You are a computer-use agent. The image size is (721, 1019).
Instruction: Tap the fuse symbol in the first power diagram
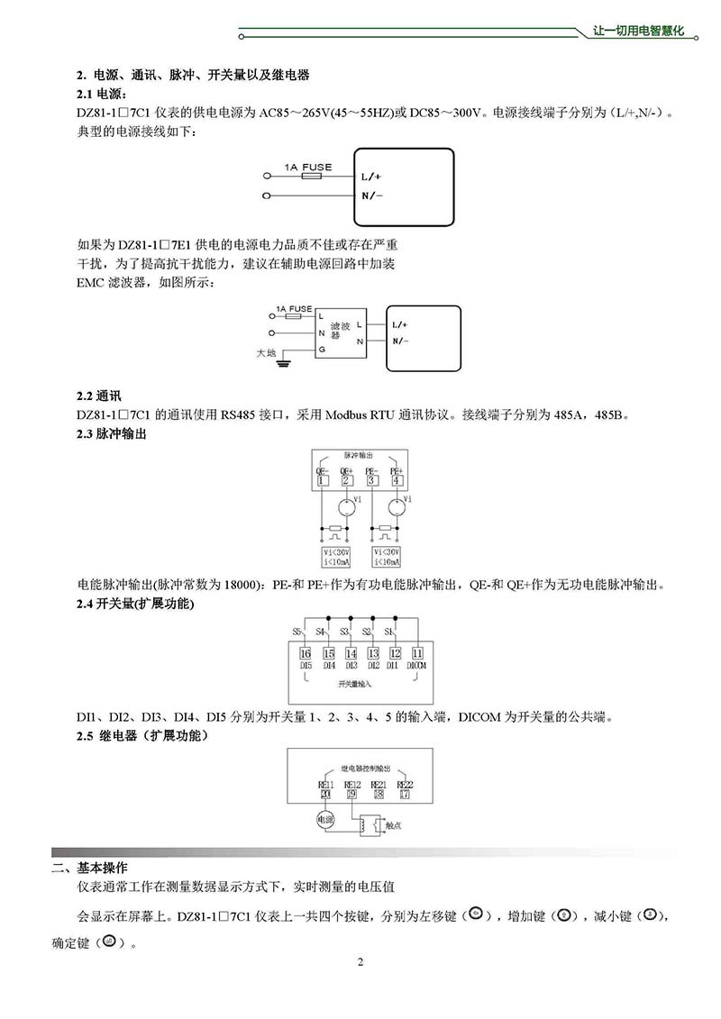click(x=313, y=177)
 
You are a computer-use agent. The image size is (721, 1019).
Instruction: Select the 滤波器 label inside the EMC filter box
click(x=340, y=330)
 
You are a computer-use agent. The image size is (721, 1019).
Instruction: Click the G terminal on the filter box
click(x=320, y=349)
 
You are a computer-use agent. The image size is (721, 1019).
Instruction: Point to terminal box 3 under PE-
click(x=370, y=481)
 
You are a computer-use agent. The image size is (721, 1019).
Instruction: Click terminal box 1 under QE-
click(x=322, y=481)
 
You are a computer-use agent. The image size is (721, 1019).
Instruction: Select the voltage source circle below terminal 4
click(x=395, y=506)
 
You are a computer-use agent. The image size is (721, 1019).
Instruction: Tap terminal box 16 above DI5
click(x=306, y=653)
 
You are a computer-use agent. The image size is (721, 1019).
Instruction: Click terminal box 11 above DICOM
click(x=416, y=653)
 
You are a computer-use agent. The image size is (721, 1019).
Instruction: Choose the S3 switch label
click(x=344, y=632)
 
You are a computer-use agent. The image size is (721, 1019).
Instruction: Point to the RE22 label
click(x=405, y=784)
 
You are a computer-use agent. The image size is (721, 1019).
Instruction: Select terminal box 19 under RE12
click(x=352, y=793)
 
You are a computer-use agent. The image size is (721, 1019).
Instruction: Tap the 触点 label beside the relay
click(x=393, y=823)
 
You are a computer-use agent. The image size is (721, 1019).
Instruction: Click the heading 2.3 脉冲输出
click(x=112, y=433)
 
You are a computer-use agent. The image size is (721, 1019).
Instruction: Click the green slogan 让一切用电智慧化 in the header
click(x=640, y=31)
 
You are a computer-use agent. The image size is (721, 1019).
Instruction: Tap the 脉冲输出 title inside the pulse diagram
click(x=358, y=457)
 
